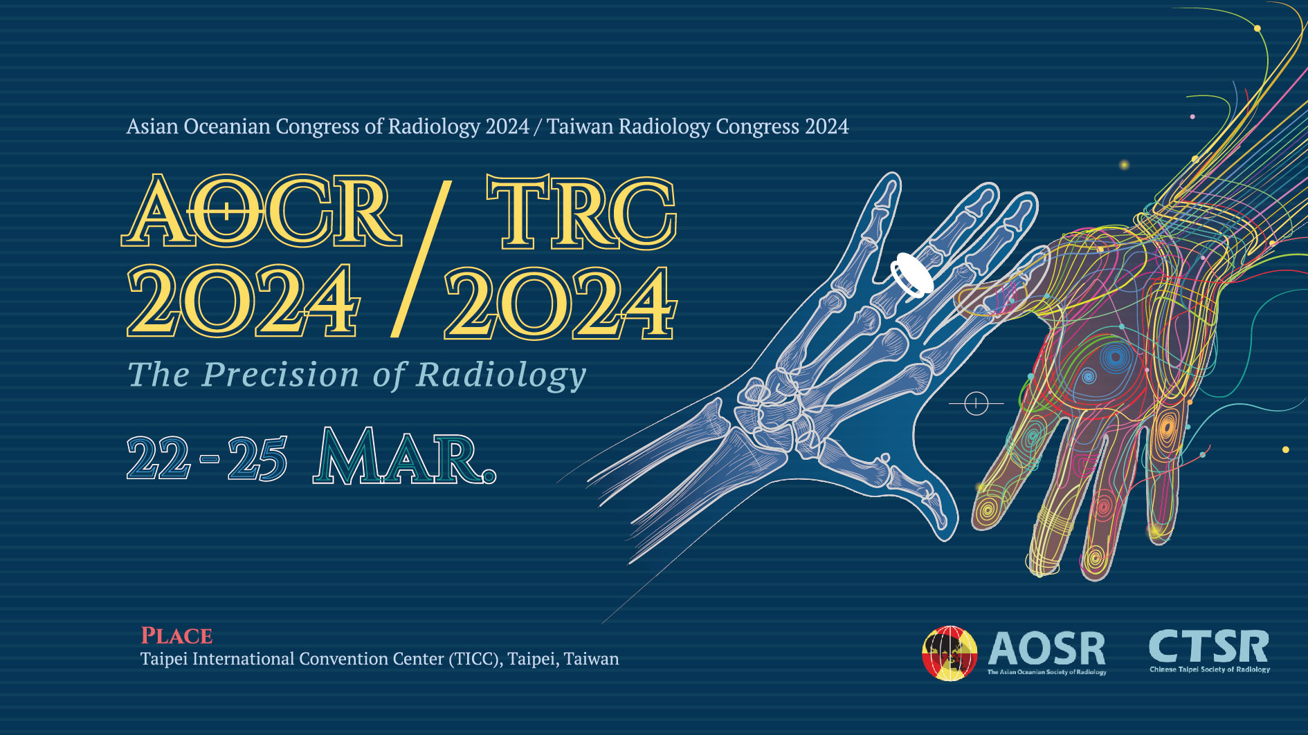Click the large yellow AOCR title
click(262, 210)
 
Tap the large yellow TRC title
click(581, 212)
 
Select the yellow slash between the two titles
click(421, 259)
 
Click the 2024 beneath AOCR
click(243, 301)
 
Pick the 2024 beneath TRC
click(560, 303)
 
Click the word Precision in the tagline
click(280, 375)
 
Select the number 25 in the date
click(257, 458)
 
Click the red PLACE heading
click(176, 635)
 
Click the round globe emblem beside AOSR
click(950, 653)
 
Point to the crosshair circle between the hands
click(976, 402)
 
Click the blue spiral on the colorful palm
click(1114, 357)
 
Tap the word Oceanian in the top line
click(226, 127)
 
